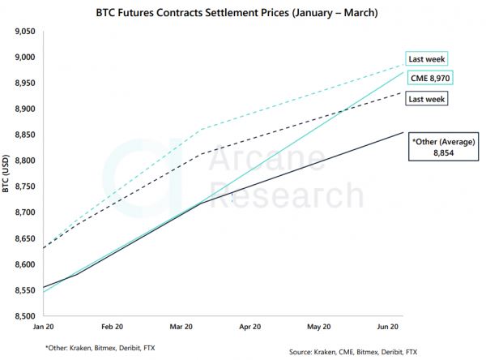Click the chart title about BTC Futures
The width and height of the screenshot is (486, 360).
coord(243,13)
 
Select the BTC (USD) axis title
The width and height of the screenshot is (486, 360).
coord(8,174)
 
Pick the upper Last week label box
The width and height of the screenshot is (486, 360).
coord(426,58)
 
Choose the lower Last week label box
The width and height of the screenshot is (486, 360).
coord(426,99)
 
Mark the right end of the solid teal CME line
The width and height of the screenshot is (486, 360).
coord(403,72)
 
